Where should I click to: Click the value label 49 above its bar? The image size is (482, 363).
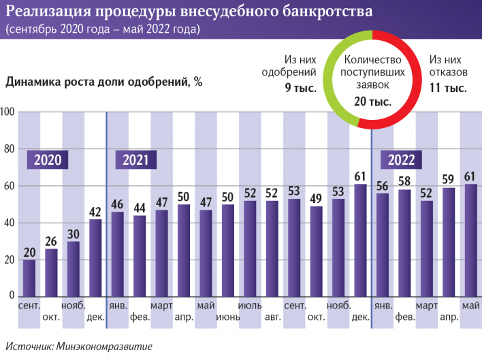[317, 198]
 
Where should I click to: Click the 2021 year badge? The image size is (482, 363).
[136, 160]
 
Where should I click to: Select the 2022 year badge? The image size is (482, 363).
[402, 160]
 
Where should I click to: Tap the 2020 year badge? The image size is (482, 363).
[48, 160]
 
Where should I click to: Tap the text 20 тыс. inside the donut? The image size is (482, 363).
[372, 101]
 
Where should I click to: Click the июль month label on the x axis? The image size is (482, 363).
[250, 305]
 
